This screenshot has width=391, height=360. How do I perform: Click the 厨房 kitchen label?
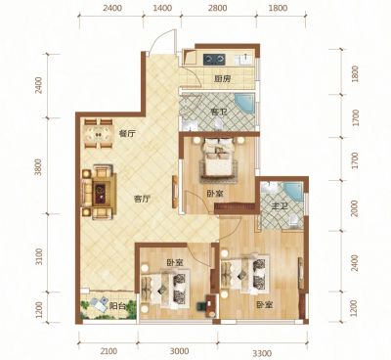(223, 79)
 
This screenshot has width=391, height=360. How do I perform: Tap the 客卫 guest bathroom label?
(219, 112)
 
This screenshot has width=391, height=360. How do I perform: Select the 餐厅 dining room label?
(127, 133)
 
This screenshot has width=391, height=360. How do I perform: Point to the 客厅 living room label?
(142, 199)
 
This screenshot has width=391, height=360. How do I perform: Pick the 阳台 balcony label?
(117, 306)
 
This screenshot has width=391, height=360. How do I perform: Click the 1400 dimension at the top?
(162, 8)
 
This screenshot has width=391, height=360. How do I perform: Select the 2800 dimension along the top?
(218, 8)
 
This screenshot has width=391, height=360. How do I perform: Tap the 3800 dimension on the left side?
(39, 167)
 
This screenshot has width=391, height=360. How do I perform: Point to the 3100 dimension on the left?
(39, 256)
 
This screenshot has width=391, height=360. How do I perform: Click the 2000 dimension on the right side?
(355, 208)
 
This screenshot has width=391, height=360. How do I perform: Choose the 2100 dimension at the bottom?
(109, 351)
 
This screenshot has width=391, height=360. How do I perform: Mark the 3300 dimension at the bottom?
(262, 353)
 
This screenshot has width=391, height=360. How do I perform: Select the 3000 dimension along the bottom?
(180, 351)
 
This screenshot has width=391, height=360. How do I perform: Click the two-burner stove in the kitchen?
(214, 60)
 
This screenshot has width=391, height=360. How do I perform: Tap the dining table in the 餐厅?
(98, 133)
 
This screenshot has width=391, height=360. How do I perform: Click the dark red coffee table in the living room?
(100, 190)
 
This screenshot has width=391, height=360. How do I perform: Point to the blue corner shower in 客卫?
(245, 103)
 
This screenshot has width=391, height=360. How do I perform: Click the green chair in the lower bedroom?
(201, 306)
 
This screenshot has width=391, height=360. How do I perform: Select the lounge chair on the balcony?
(99, 304)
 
